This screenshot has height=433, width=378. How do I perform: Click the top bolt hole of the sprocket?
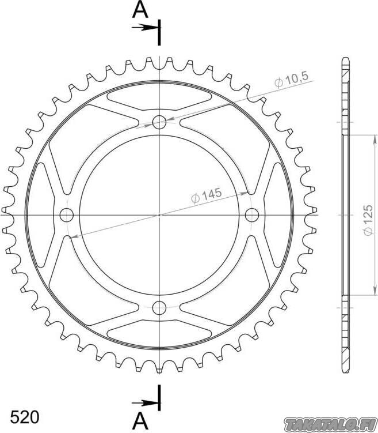159,122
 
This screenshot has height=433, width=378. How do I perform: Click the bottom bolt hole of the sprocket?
159,308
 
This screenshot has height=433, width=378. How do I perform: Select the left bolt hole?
67,215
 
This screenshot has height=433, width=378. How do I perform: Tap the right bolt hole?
252,215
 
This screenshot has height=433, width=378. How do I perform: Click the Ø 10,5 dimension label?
292,80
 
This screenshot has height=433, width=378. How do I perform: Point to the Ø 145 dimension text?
207,195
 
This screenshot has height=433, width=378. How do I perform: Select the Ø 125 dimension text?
368,220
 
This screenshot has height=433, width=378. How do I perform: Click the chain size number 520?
25,417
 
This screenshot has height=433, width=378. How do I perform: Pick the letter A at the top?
140,10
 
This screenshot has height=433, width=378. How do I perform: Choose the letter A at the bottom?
140,421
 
